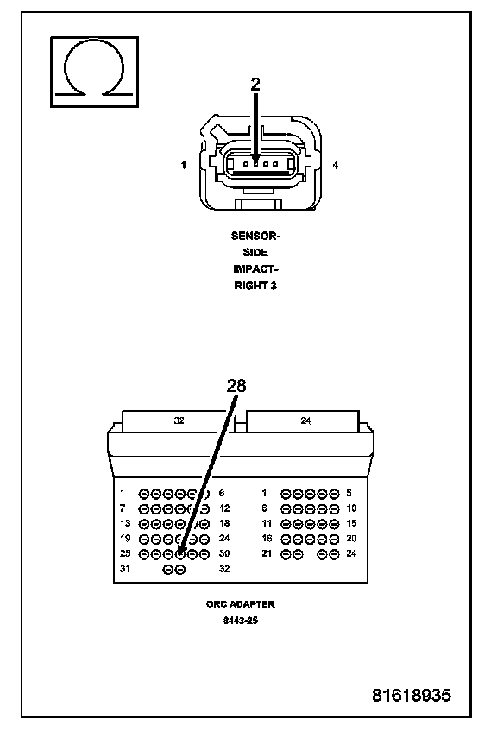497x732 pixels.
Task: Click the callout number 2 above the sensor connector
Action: pos(255,84)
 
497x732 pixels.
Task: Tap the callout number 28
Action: pos(236,386)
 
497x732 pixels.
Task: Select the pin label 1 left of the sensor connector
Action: pos(184,165)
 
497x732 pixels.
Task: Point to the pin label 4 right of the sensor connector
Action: pos(335,165)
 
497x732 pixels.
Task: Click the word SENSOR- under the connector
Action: pos(255,236)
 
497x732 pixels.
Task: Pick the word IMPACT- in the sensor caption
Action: pos(255,269)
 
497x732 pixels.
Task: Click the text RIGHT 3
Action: pos(255,286)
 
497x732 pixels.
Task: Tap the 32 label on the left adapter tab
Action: pos(179,420)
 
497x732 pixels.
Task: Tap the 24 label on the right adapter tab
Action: pos(305,420)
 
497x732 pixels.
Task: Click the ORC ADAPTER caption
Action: pos(241,604)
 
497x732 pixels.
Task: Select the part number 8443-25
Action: pos(241,621)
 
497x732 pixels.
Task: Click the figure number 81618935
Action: pos(412,695)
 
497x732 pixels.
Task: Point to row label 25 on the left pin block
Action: pos(125,553)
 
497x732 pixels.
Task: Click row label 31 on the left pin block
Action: pos(125,569)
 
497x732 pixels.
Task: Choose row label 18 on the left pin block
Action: pos(224,523)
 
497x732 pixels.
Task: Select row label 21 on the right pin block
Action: pos(267,553)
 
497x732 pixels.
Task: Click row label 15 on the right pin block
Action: pos(351,523)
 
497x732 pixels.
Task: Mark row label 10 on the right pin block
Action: pos(351,508)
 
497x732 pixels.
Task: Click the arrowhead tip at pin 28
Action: pos(180,553)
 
